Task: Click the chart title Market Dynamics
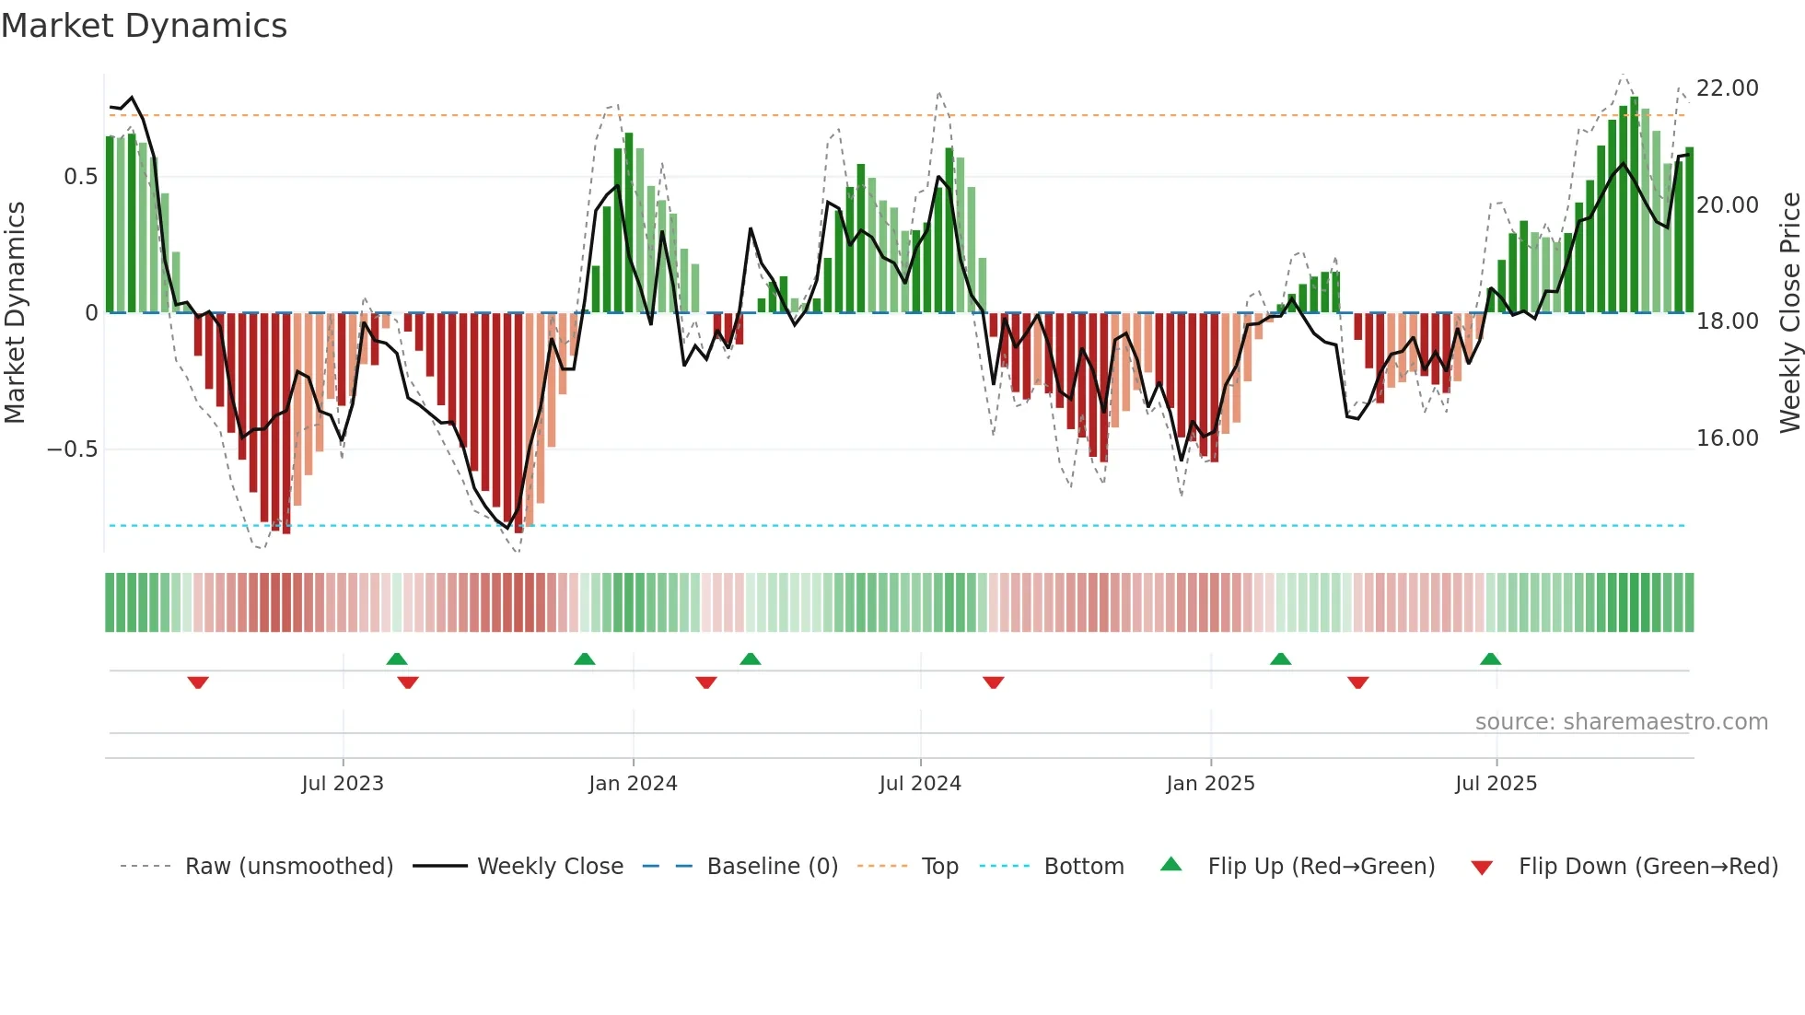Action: coord(144,26)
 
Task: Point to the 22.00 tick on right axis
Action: coord(1727,88)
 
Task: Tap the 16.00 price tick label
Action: coord(1727,438)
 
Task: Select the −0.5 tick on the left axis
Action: coord(72,449)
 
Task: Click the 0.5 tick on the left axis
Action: coord(80,177)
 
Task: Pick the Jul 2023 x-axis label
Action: coord(342,784)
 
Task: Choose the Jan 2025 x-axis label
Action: coord(1209,784)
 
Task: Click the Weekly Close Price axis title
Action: coord(1789,313)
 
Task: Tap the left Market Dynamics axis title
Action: coord(15,313)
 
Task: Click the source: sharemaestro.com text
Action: coord(1621,722)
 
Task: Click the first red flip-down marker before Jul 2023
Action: coord(198,682)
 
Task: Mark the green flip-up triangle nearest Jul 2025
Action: coord(1490,659)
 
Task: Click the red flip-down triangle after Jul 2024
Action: coord(993,682)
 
